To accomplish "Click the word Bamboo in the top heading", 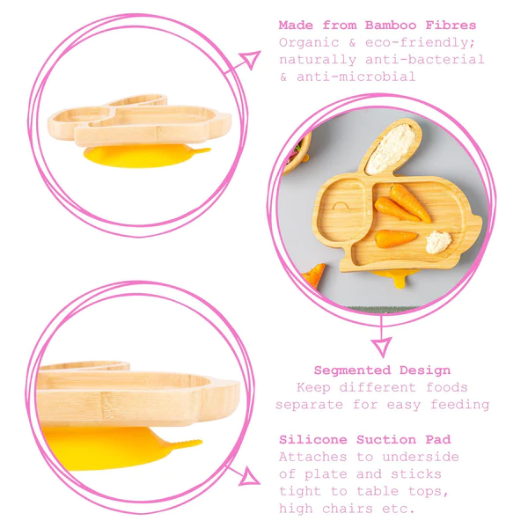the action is pos(391,26).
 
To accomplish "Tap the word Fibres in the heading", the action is pos(451,26).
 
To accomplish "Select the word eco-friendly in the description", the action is pos(421,43).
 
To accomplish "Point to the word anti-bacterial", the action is pos(425,60).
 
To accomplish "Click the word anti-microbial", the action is pos(356,77).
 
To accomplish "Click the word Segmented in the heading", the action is pos(352,370).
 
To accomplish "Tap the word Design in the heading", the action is pos(425,370).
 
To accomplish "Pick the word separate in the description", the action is pos(309,405).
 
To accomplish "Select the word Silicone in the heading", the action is pos(312,440).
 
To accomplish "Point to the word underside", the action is pos(421,457).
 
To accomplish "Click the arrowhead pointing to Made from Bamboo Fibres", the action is pos(250,60).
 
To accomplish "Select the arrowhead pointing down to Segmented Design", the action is pos(382,347).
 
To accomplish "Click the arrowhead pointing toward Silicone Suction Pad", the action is pos(248,476).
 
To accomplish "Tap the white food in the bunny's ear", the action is pos(391,149).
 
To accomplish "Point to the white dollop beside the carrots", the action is pos(438,241).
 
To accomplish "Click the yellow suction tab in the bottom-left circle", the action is pos(185,444).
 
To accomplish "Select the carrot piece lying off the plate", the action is pos(314,275).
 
